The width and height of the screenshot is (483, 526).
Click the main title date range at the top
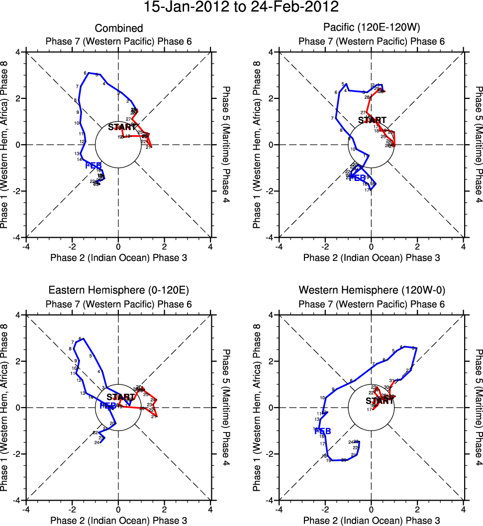pyautogui.click(x=241, y=8)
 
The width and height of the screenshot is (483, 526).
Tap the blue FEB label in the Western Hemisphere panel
pyautogui.click(x=323, y=431)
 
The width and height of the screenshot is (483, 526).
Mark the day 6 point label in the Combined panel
pyautogui.click(x=86, y=73)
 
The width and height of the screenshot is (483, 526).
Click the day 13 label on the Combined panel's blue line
pyautogui.click(x=77, y=154)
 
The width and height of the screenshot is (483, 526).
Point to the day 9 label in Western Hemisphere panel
pyautogui.click(x=333, y=389)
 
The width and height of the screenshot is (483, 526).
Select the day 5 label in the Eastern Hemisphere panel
pyautogui.click(x=91, y=355)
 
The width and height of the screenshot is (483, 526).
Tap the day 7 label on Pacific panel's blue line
pyautogui.click(x=332, y=118)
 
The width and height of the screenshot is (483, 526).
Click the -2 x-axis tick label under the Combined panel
pyautogui.click(x=72, y=246)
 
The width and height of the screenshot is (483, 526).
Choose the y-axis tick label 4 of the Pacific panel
pyautogui.click(x=272, y=52)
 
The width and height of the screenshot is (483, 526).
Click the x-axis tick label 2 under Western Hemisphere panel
pyautogui.click(x=417, y=509)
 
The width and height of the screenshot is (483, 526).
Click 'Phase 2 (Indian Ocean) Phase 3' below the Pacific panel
pyautogui.click(x=372, y=258)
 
